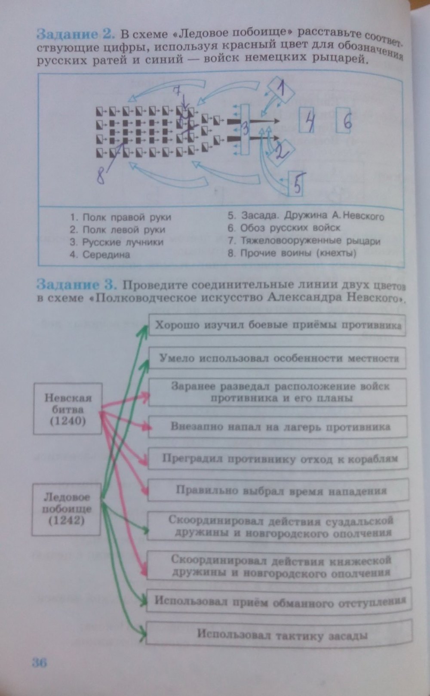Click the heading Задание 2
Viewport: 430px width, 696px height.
[x=77, y=34]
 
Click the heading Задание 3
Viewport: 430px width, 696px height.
[x=77, y=284]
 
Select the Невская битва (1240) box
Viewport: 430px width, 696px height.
[x=68, y=409]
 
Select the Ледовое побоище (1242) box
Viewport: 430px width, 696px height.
[x=67, y=509]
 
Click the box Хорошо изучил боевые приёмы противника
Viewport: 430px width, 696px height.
[x=277, y=325]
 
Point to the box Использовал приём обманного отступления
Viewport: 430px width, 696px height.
[x=279, y=601]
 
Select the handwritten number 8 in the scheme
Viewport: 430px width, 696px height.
[x=101, y=175]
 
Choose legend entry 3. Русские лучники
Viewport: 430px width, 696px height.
[x=117, y=242]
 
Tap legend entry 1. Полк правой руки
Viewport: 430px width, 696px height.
[x=120, y=217]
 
